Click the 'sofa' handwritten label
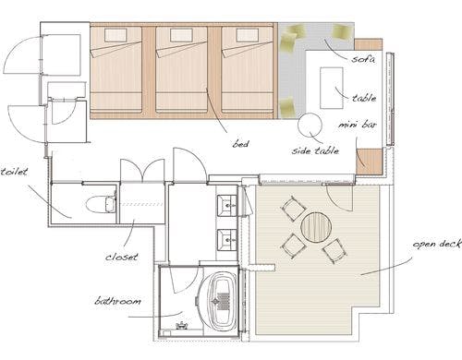(363, 58)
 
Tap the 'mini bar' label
(358, 125)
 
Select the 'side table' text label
(315, 150)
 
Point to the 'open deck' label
(437, 244)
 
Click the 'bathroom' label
(117, 301)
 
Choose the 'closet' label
(122, 257)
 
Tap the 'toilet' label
(14, 172)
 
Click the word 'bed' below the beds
(240, 143)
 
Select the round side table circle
(310, 126)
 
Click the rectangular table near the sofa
(332, 88)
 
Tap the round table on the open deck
(316, 227)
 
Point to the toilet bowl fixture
(100, 204)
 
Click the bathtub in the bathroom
(221, 303)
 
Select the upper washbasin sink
(227, 205)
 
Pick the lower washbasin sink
(227, 239)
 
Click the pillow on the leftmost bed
(115, 35)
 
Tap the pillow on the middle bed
(181, 35)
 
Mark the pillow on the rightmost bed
(248, 35)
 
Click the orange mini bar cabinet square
(369, 162)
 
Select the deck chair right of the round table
(334, 250)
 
